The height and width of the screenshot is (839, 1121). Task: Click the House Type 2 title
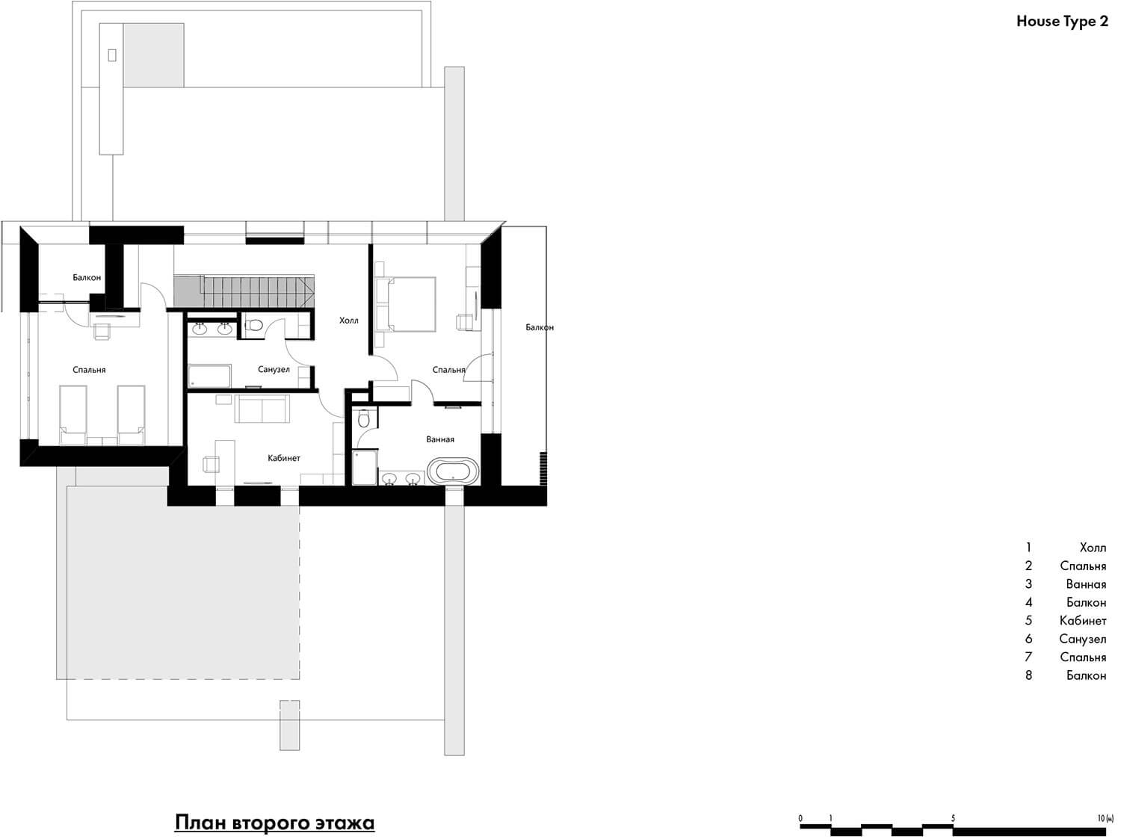tap(1062, 22)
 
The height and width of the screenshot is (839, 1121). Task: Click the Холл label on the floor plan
tap(349, 321)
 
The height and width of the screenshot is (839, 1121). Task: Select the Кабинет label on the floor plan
tap(284, 458)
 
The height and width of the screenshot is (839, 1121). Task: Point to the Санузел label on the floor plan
tap(274, 370)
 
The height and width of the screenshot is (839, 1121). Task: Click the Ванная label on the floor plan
tap(440, 439)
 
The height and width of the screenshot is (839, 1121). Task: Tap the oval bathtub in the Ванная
tap(454, 471)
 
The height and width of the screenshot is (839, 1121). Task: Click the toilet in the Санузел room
tap(253, 325)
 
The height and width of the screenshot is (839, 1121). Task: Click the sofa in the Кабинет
tap(262, 408)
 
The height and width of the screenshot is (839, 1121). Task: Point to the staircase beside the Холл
tap(244, 292)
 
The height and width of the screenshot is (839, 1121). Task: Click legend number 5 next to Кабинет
tap(1028, 621)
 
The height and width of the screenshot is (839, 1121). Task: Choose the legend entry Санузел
tap(1083, 639)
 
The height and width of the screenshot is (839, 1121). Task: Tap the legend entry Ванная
tap(1087, 584)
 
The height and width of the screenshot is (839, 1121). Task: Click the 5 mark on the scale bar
tap(953, 818)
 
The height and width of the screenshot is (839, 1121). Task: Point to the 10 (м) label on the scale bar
tap(1105, 818)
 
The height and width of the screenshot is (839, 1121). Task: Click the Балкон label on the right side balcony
tap(540, 327)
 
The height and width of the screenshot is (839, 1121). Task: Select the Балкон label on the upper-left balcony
tap(87, 278)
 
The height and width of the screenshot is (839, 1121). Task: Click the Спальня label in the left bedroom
tap(89, 370)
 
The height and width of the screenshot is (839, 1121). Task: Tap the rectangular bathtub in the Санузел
tap(209, 376)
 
